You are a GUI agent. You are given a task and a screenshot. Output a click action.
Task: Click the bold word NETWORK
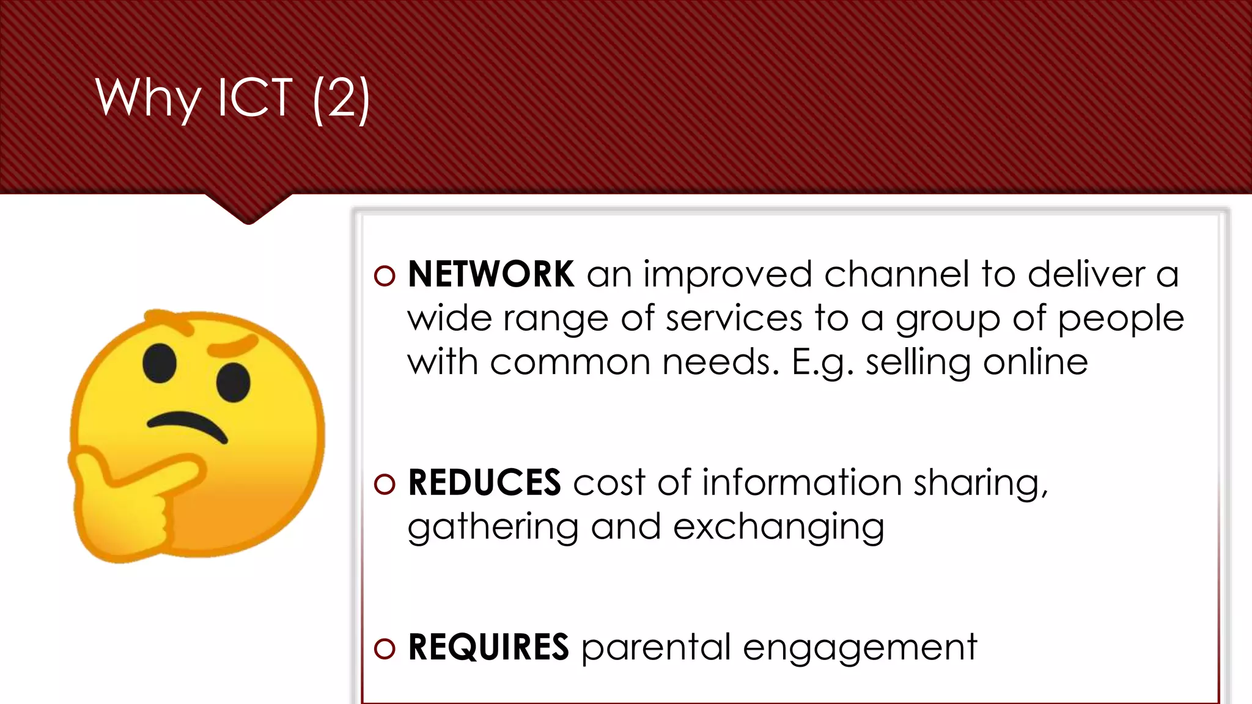[x=491, y=274]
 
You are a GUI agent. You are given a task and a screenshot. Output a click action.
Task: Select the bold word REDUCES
[x=484, y=482]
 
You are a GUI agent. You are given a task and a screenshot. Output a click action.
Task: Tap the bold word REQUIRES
[x=488, y=647]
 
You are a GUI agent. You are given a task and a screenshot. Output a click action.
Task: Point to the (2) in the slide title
[x=341, y=99]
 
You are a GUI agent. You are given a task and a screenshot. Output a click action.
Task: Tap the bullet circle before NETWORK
[x=385, y=276]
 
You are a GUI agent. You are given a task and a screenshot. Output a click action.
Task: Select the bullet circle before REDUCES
[x=385, y=484]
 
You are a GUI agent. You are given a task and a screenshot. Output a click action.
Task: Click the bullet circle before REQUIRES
[x=385, y=649]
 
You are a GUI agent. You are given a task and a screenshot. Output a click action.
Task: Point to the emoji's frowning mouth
[x=186, y=425]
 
